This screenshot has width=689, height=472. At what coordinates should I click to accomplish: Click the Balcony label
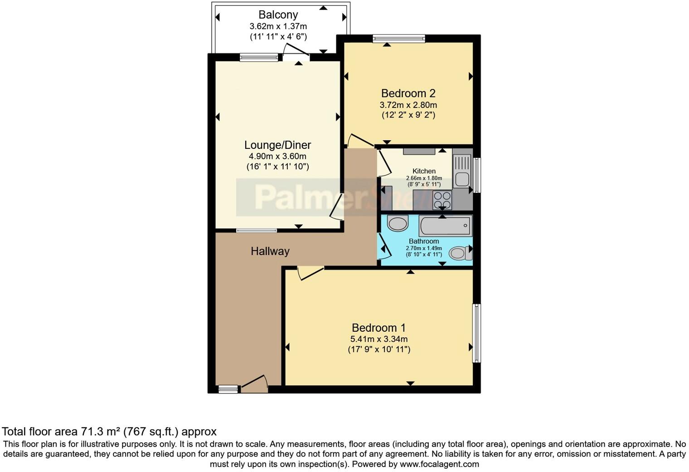278,15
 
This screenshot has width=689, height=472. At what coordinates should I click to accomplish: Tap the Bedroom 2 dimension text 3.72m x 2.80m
408,105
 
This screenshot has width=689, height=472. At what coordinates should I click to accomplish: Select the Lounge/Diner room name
277,145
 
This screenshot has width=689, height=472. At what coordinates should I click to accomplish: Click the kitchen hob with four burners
442,200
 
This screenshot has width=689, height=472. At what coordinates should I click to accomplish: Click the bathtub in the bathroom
445,226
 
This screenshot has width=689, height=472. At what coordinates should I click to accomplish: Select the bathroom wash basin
398,223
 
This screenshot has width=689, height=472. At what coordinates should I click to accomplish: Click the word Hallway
270,251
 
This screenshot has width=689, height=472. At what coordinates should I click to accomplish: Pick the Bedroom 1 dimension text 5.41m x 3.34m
378,339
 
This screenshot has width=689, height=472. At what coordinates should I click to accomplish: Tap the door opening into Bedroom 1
311,273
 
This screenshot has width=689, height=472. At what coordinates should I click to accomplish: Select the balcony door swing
295,50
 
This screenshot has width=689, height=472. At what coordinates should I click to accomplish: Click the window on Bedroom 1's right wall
476,333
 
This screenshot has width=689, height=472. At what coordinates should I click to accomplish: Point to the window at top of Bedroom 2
399,39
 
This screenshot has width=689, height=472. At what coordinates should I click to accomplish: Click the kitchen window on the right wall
476,175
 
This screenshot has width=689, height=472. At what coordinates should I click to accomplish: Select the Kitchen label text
424,171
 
